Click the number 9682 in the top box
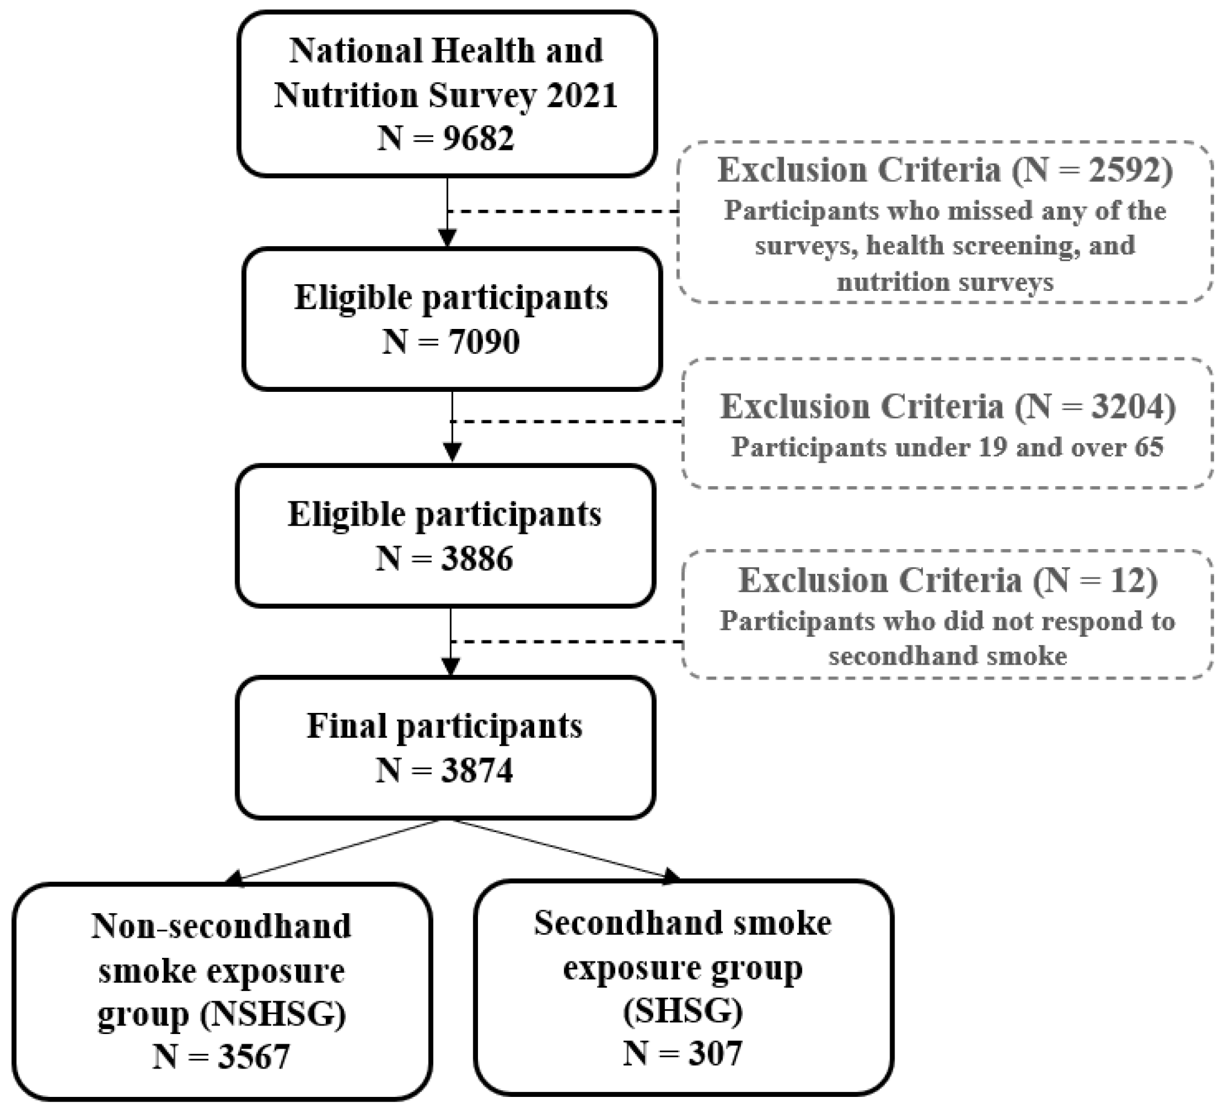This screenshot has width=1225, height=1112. click(x=478, y=138)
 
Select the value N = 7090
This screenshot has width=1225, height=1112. click(x=451, y=342)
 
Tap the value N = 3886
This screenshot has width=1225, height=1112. click(x=444, y=559)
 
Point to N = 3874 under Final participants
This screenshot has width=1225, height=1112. click(x=444, y=771)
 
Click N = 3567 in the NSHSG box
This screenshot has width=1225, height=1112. click(x=221, y=1056)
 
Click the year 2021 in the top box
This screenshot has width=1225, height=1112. click(x=581, y=96)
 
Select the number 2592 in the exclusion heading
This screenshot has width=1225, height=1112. click(x=1123, y=171)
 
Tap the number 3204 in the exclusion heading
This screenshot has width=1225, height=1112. click(x=1126, y=406)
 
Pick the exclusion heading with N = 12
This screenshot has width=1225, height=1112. click(x=948, y=580)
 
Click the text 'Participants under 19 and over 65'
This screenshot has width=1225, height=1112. click(x=948, y=447)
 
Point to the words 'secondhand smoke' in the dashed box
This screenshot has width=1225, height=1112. click(x=948, y=656)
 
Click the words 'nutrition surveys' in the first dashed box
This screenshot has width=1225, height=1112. click(x=945, y=282)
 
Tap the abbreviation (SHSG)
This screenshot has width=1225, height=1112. click(x=682, y=1010)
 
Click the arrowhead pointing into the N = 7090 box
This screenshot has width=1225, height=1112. click(x=448, y=238)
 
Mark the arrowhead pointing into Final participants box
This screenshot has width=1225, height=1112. click(x=450, y=667)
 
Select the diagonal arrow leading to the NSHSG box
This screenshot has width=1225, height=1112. click(x=334, y=850)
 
